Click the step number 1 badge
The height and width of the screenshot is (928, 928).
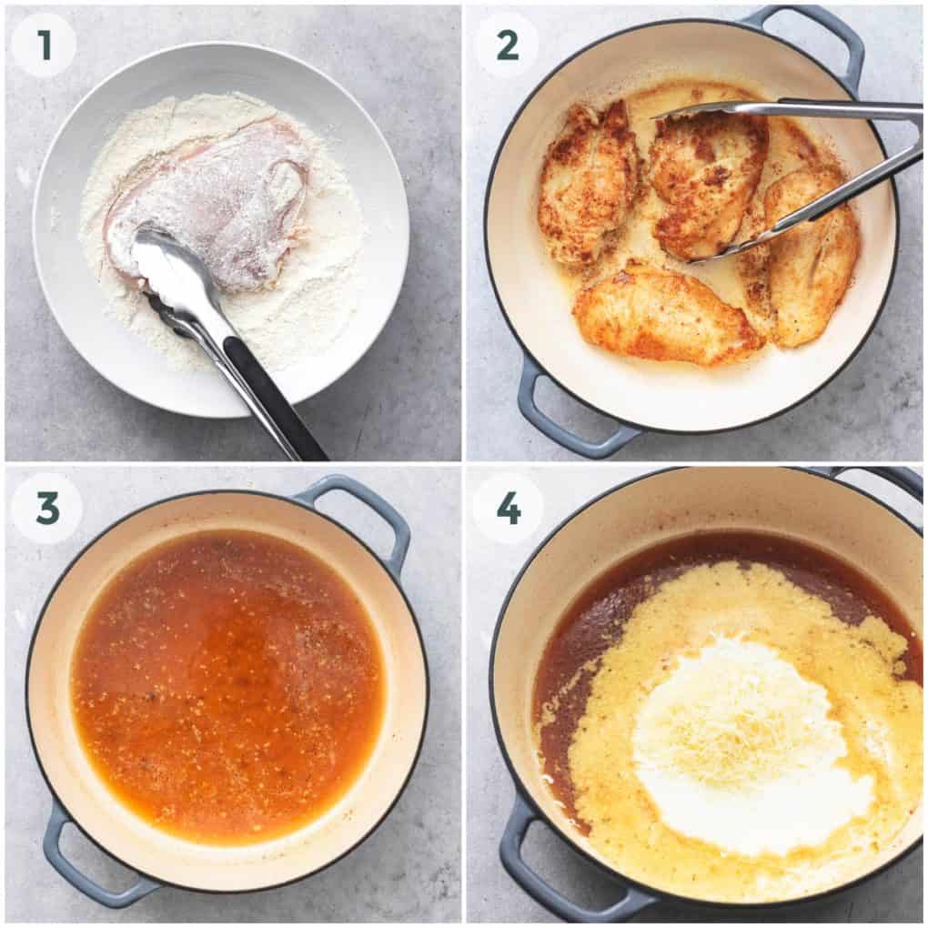44,45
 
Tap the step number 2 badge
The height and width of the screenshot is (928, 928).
508,45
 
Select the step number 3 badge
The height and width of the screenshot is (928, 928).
46,508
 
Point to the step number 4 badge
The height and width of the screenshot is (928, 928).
508,508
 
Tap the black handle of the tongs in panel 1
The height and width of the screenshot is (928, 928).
273,400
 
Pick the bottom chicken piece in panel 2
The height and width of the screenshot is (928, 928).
664,314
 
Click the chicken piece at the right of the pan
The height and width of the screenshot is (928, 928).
810,264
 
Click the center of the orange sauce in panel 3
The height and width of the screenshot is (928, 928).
227,682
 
